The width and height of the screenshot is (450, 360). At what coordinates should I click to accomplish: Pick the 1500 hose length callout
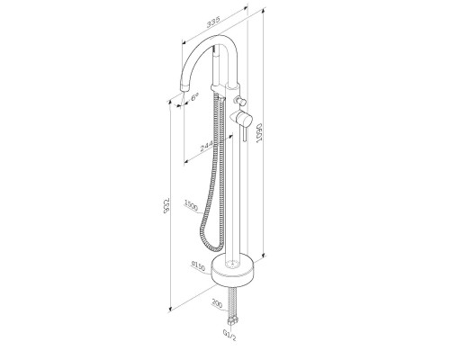coord(190,204)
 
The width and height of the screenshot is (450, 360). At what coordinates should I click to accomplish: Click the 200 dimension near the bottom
coord(215,305)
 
